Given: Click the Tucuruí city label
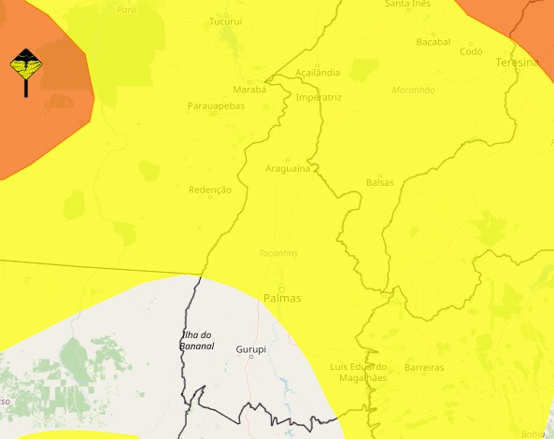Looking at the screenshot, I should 225,21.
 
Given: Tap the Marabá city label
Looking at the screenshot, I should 249,90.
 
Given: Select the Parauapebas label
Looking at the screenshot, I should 216,106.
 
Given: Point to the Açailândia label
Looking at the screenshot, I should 317,73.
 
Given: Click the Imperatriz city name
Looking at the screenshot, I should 318,97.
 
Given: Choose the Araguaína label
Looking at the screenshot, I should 287,169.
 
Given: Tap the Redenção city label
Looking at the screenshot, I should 209,190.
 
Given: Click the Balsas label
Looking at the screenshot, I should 379,182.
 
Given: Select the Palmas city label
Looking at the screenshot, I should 282,299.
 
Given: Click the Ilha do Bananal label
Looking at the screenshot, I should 197,341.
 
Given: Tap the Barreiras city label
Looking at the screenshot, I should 424,368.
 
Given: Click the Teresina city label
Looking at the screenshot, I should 518,63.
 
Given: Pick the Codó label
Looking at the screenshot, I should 471,52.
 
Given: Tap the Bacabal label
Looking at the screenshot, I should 433,42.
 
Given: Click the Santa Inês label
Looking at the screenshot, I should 407,4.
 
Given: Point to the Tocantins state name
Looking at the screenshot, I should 278,253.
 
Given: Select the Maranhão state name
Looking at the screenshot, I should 416,90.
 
